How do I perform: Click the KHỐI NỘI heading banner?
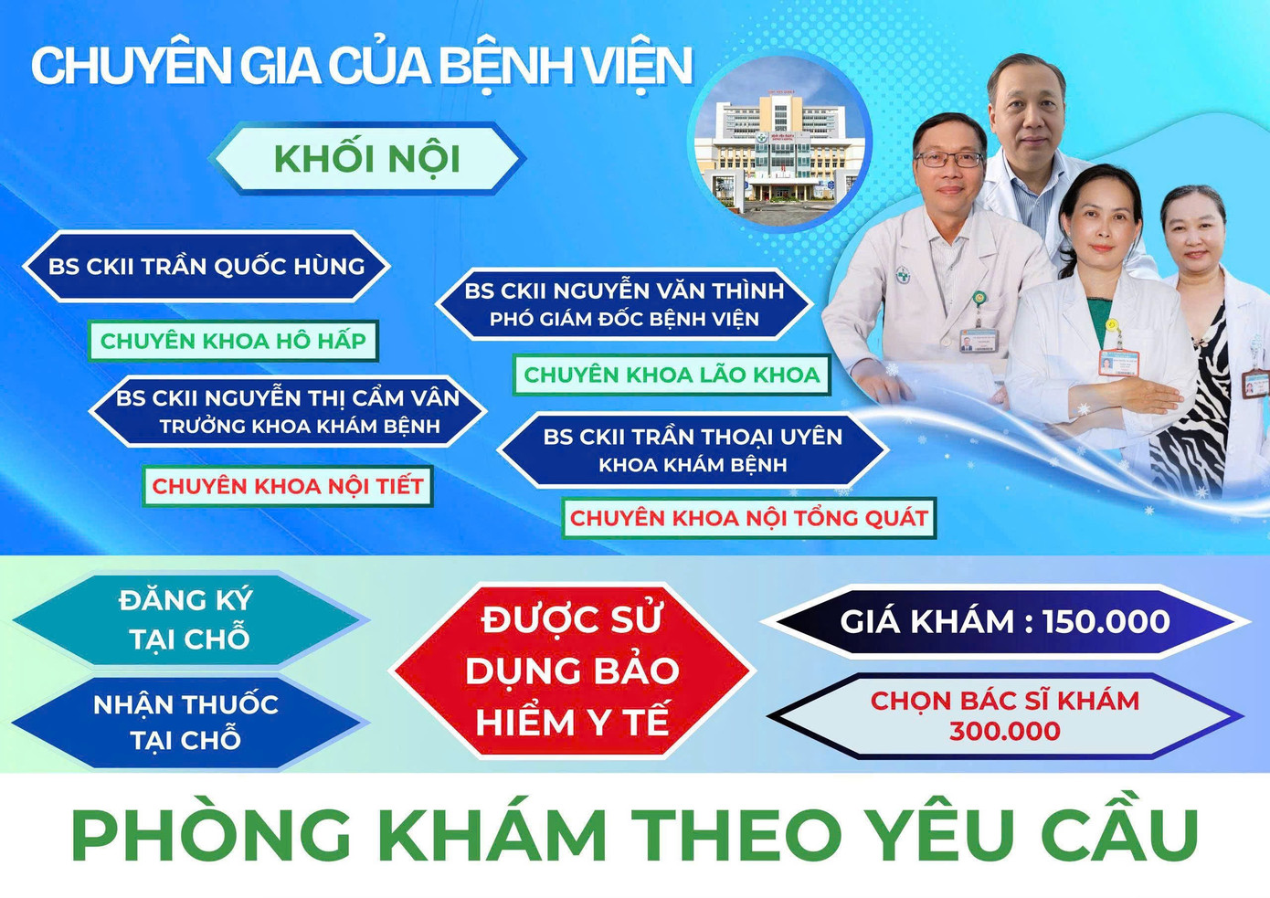point(366,159)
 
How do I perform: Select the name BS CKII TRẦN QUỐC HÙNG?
point(206,267)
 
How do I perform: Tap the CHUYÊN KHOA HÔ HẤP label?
point(233,341)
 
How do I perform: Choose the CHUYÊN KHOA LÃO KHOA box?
point(672,375)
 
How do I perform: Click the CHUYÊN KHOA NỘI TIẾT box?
point(288,486)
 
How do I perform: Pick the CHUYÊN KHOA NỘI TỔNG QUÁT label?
point(749,518)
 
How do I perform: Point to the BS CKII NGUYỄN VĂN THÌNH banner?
point(624,304)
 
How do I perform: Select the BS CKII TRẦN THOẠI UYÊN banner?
point(693,450)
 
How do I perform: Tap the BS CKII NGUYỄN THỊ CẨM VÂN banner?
point(288,411)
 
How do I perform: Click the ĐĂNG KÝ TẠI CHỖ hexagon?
point(187,619)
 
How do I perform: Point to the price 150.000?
point(1106,622)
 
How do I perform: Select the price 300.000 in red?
point(1004,732)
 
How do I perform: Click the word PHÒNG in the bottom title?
point(211,834)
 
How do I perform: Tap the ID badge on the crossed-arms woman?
point(1116,362)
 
